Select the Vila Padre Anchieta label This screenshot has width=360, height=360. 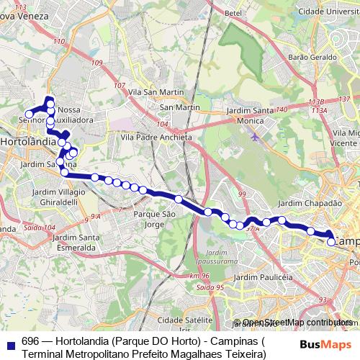(x=156, y=137)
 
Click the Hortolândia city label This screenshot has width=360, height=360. (x=29, y=143)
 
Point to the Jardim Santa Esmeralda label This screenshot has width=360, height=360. (x=75, y=243)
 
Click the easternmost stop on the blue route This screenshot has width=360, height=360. (x=331, y=242)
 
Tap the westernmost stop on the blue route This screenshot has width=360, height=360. (x=30, y=114)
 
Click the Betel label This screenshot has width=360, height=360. (x=232, y=13)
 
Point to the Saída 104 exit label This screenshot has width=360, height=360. (x=39, y=227)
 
